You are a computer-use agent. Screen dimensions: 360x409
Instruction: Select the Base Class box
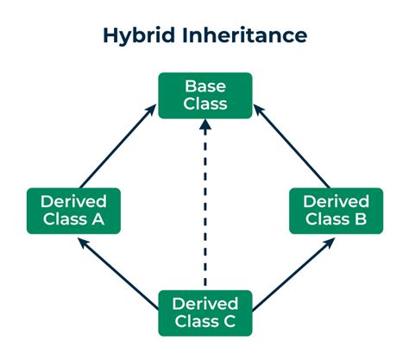(x=204, y=95)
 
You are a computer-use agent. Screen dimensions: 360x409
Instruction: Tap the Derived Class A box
(x=72, y=210)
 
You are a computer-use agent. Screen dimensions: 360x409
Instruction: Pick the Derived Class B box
(x=335, y=210)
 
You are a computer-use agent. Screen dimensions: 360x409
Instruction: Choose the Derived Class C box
(x=204, y=313)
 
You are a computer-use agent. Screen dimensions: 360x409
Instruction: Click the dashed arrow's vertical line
(x=204, y=216)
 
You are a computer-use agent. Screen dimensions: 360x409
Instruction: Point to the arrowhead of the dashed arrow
(x=204, y=126)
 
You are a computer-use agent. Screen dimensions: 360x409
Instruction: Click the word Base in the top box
(x=204, y=86)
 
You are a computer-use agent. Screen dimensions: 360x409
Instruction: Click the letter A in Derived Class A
(x=103, y=219)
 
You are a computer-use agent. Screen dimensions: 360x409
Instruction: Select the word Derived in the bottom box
(x=204, y=303)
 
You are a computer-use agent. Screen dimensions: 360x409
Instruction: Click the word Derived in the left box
(x=72, y=200)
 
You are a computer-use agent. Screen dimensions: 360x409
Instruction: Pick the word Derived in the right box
(x=335, y=200)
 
